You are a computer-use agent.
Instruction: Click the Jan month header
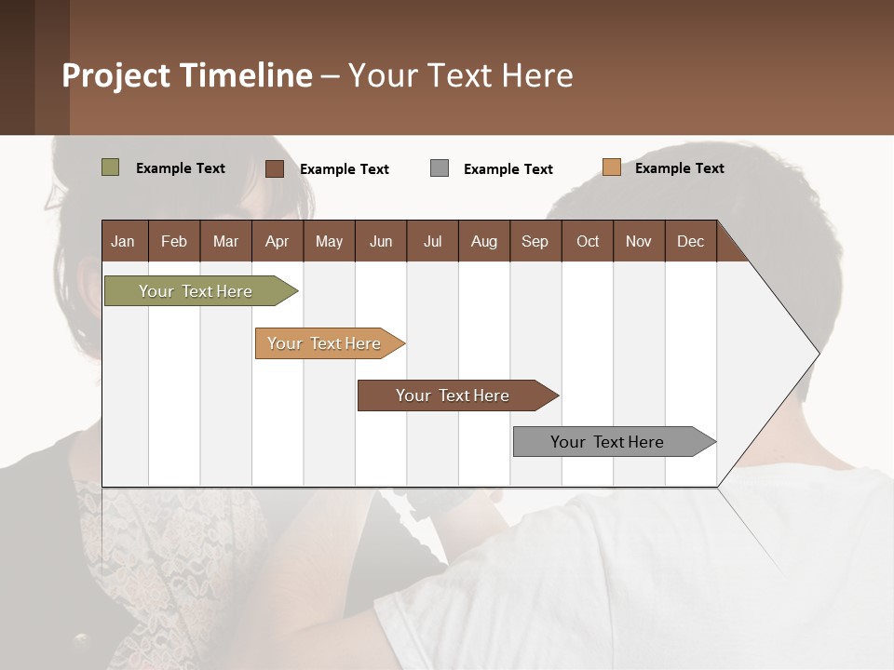(x=124, y=241)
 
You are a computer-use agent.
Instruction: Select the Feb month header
(x=174, y=241)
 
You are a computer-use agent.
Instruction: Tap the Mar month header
(x=225, y=241)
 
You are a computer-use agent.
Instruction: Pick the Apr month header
(x=278, y=241)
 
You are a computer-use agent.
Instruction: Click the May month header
(x=329, y=241)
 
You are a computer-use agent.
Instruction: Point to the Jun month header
(x=381, y=241)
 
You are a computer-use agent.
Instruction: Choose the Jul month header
(x=432, y=241)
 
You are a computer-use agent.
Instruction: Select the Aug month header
(x=484, y=241)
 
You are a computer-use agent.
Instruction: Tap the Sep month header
(x=535, y=241)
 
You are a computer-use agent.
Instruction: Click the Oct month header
(x=588, y=241)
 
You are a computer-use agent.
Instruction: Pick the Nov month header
(x=639, y=241)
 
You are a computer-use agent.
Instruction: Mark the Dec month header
(x=691, y=241)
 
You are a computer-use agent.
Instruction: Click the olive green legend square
(x=110, y=167)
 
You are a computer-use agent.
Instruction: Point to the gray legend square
(x=440, y=168)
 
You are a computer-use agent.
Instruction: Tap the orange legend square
(x=611, y=167)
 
